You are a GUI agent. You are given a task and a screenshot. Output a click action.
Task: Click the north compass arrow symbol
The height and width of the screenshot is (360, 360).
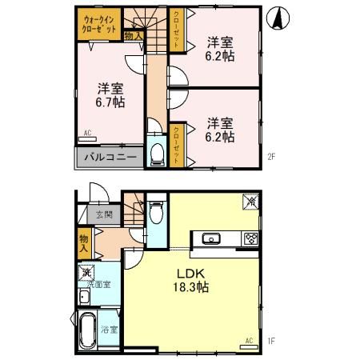pos(277,17)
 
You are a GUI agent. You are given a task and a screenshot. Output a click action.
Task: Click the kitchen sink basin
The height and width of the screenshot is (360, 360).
pos(213,238)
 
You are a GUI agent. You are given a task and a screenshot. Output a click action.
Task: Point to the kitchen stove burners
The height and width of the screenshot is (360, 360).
pos(250,238)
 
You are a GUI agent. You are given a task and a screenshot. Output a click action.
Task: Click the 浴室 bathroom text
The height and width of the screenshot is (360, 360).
pos(109,328)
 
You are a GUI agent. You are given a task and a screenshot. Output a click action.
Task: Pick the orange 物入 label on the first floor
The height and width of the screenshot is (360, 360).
pos(83,242)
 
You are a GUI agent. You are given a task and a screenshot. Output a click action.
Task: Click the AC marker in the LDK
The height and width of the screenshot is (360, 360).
pos(249,341)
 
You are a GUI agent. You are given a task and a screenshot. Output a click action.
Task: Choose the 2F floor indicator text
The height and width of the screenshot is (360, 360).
pos(271,157)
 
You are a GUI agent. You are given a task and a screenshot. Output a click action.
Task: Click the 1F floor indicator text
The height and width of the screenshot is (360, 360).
pos(271,342)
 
